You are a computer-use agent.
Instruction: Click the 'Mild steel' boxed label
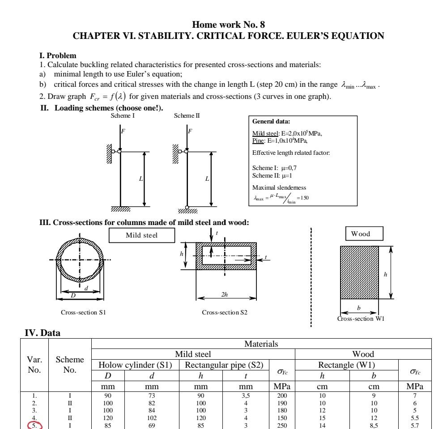point(140,236)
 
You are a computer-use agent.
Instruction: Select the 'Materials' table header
point(261,344)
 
